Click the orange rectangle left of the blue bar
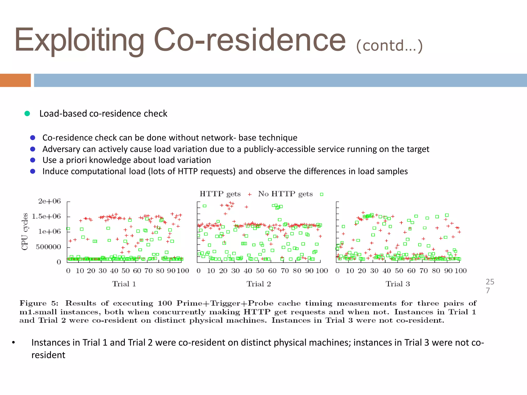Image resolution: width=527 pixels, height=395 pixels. pyautogui.click(x=15, y=80)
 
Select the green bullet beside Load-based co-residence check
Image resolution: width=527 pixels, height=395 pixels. pyautogui.click(x=27, y=113)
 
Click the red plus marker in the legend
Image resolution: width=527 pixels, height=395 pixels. pyautogui.click(x=249, y=194)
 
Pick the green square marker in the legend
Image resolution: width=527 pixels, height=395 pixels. pyautogui.click(x=321, y=194)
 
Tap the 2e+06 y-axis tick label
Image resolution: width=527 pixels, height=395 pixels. pyautogui.click(x=49, y=201)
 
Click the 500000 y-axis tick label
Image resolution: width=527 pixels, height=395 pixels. pyautogui.click(x=48, y=247)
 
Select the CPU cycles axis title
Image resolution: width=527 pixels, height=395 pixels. pyautogui.click(x=25, y=231)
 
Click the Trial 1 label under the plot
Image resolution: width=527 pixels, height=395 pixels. pyautogui.click(x=124, y=284)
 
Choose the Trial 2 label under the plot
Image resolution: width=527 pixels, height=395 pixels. pyautogui.click(x=259, y=284)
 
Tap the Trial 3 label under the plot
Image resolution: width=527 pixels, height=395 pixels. pyautogui.click(x=398, y=284)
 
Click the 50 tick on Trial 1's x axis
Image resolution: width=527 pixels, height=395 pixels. pyautogui.click(x=126, y=271)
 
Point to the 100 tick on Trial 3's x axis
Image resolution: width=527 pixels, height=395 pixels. pyautogui.click(x=460, y=271)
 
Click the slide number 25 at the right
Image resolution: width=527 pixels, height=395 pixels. pyautogui.click(x=490, y=282)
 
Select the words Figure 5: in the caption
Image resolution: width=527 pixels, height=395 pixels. pyautogui.click(x=39, y=303)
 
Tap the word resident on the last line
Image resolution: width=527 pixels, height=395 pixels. pyautogui.click(x=48, y=355)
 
